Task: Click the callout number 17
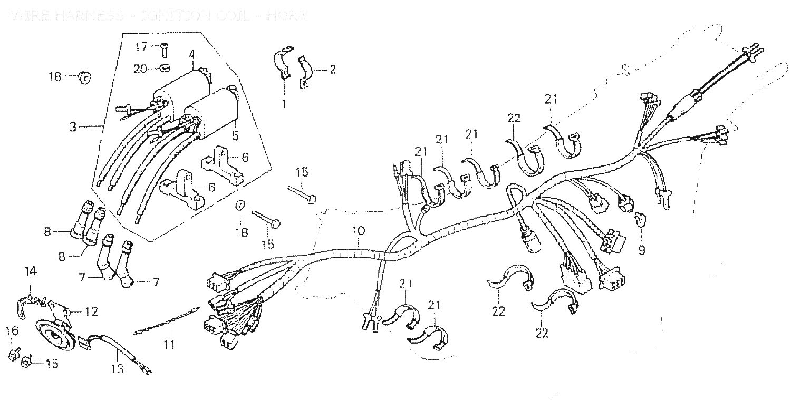pos(140,46)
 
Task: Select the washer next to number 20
pos(165,68)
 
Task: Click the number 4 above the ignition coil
pos(192,54)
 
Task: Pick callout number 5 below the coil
pos(235,135)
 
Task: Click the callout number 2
pos(332,69)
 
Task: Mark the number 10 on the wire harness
pos(358,231)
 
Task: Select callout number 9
pos(641,250)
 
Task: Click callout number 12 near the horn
pos(91,312)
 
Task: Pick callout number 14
pos(31,271)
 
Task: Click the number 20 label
pos(139,69)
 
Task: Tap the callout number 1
pos(283,104)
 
